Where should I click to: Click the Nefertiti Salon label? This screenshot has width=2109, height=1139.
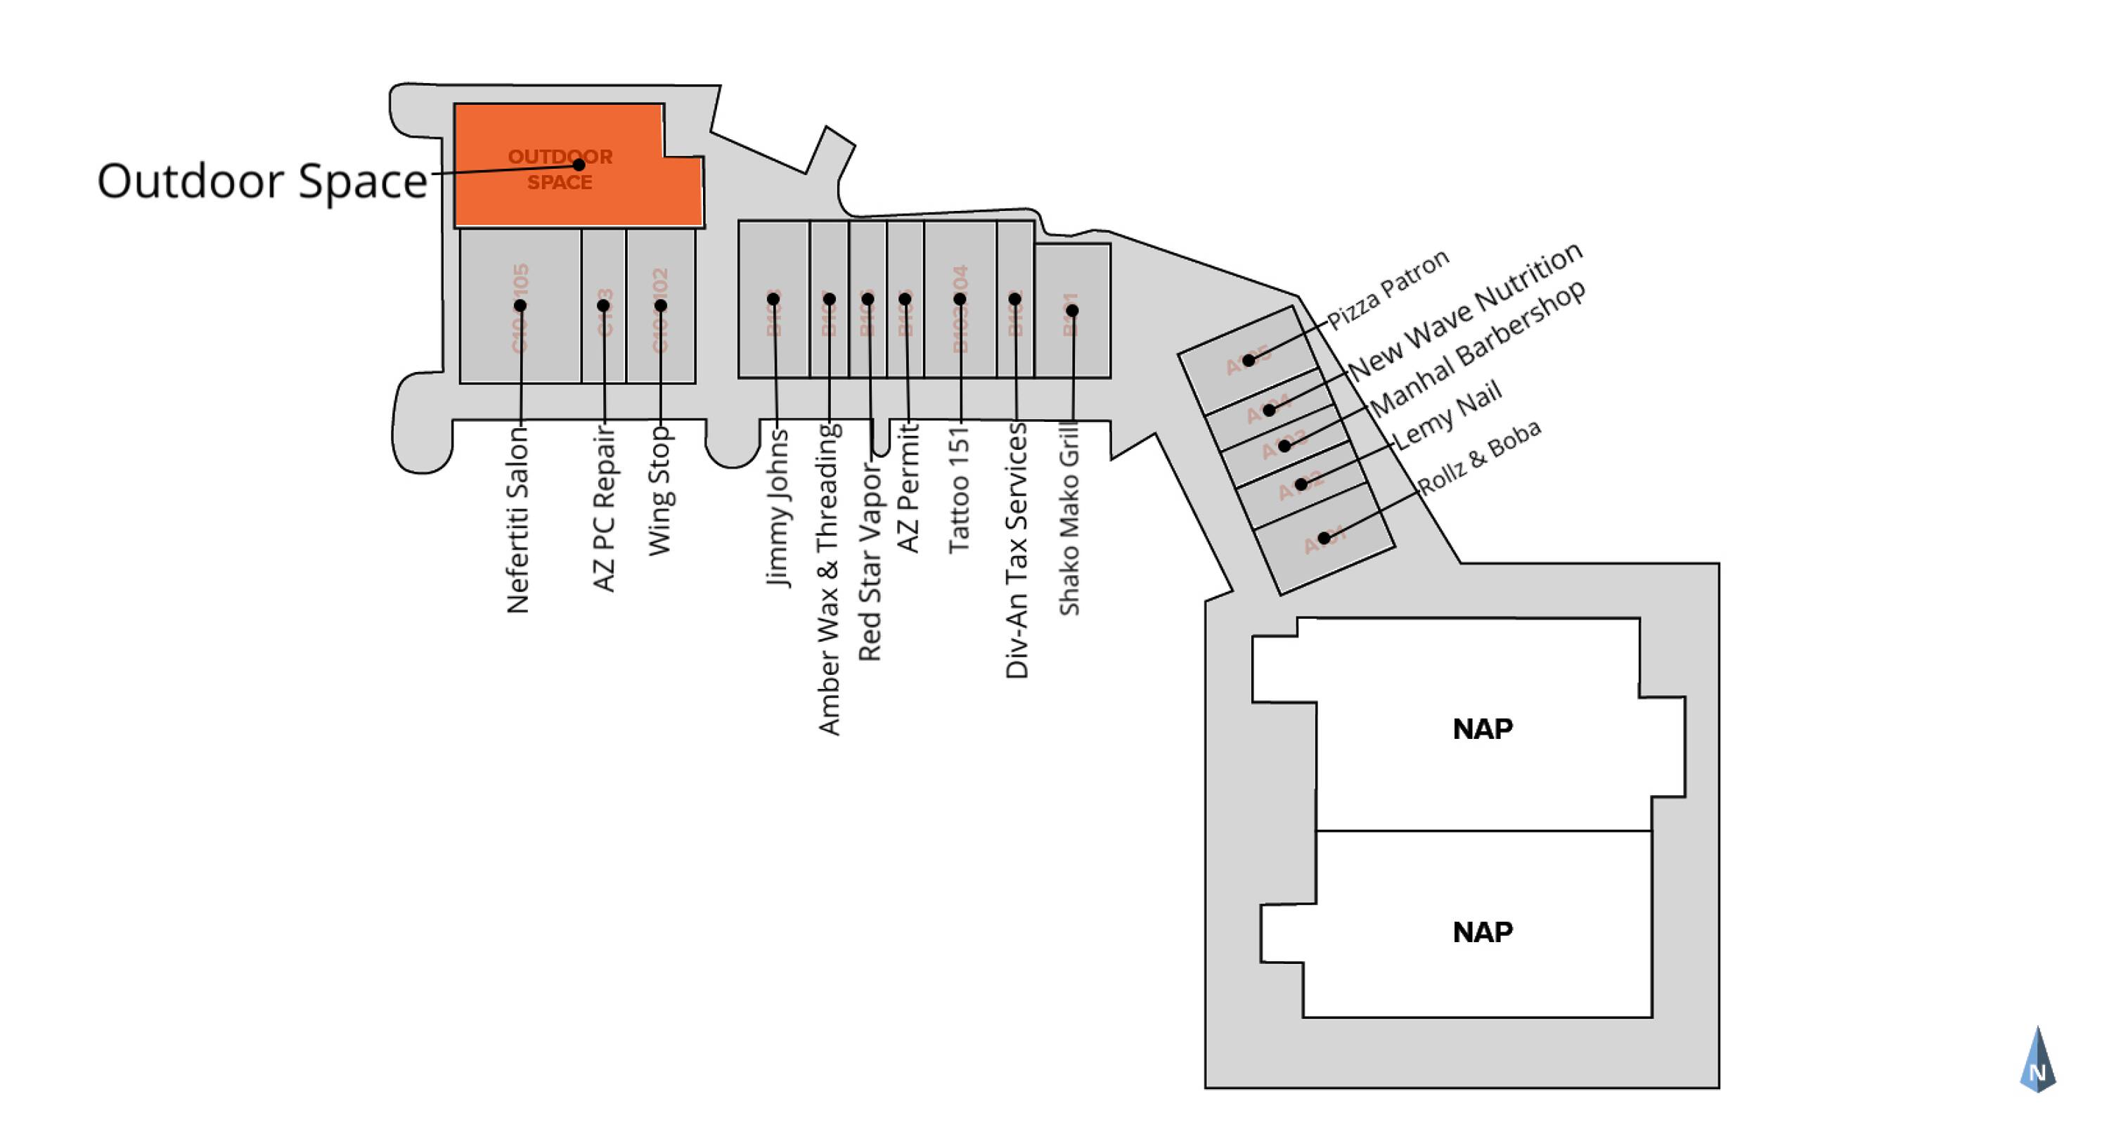pyautogui.click(x=517, y=520)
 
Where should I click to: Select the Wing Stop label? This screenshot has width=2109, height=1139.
pyautogui.click(x=660, y=491)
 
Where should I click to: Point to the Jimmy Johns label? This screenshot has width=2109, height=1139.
pyautogui.click(x=777, y=508)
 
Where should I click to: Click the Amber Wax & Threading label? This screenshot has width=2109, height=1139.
pyautogui.click(x=830, y=579)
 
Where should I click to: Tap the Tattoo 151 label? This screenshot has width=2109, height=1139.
pyautogui.click(x=959, y=489)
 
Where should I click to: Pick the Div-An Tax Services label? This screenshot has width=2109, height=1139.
pyautogui.click(x=1016, y=551)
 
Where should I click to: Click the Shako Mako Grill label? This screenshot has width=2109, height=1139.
pyautogui.click(x=1070, y=518)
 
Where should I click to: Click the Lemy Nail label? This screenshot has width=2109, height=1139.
pyautogui.click(x=1447, y=415)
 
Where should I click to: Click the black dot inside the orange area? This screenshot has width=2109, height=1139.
pyautogui.click(x=579, y=165)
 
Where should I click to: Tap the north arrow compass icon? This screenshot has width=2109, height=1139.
pyautogui.click(x=2038, y=1060)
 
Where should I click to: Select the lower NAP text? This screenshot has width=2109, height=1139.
pyautogui.click(x=1483, y=932)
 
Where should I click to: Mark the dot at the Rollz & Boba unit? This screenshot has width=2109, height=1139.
pyautogui.click(x=1324, y=538)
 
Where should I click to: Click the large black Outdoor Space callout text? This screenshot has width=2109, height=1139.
pyautogui.click(x=262, y=180)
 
